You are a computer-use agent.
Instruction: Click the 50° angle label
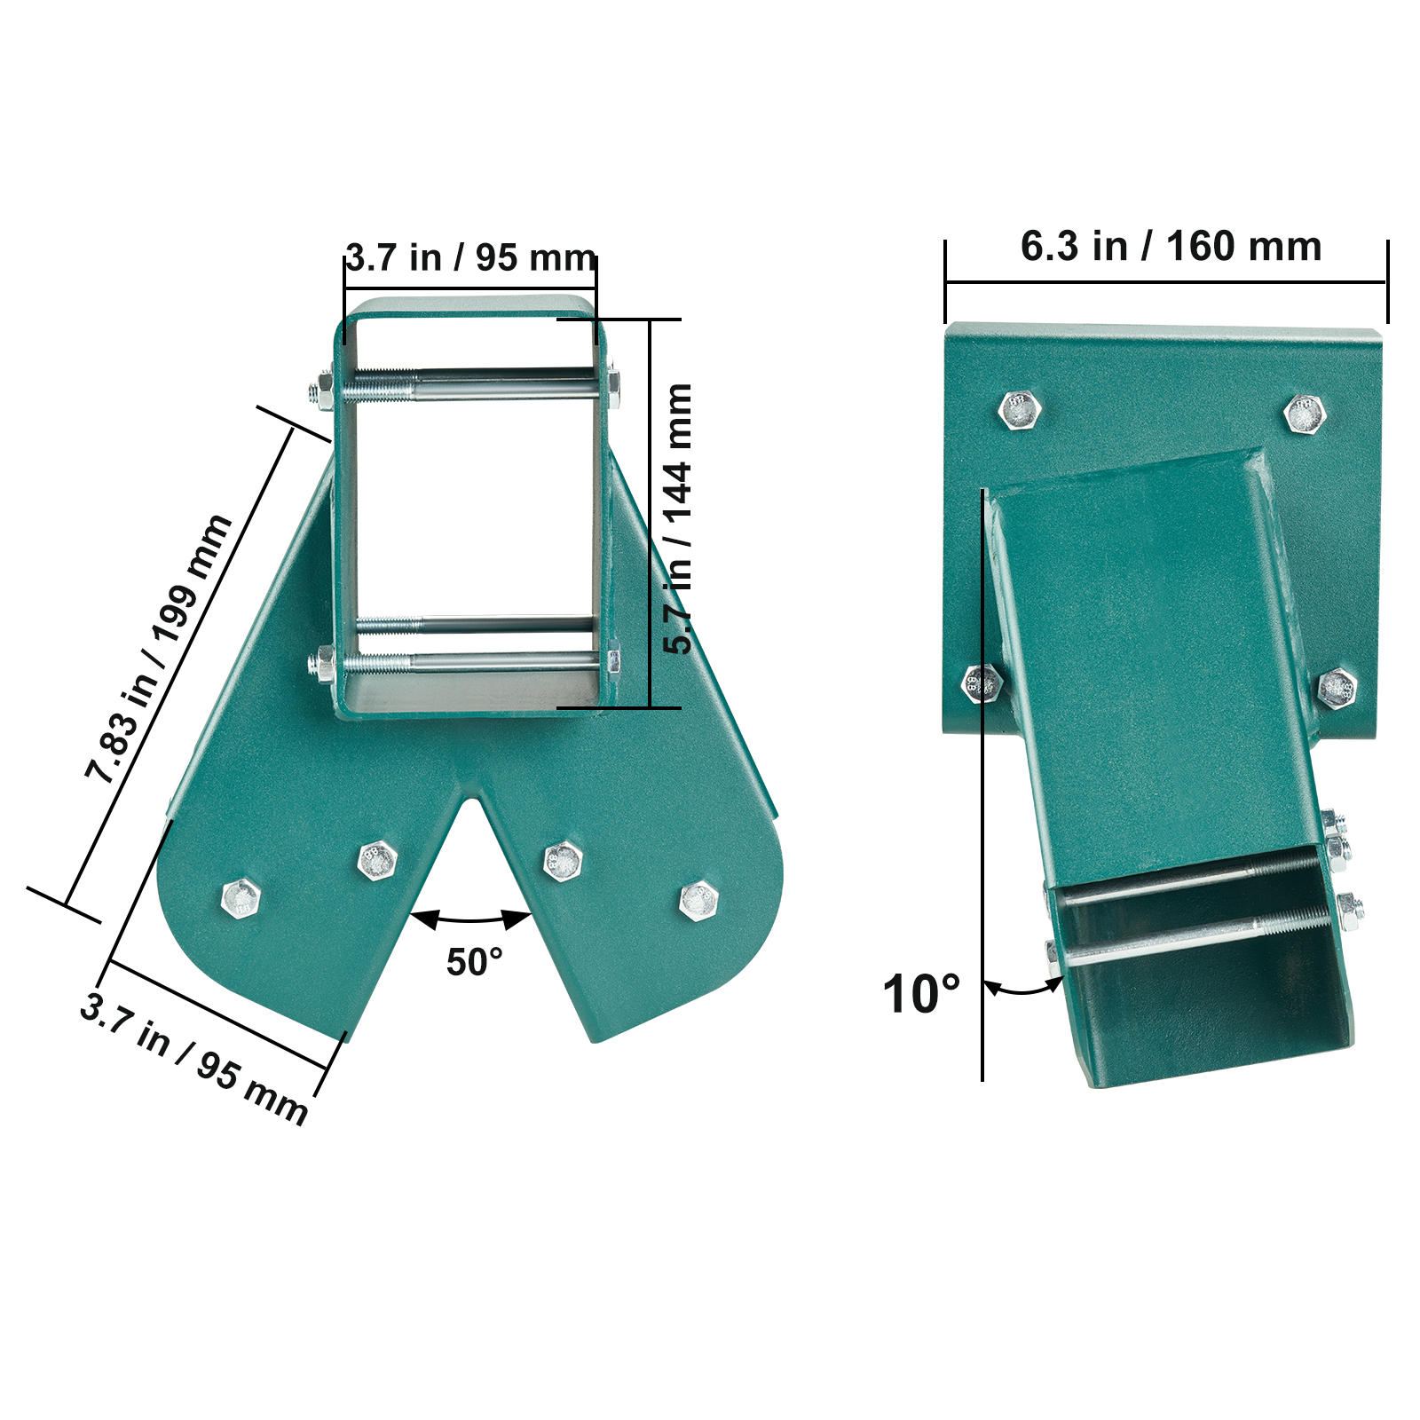(x=474, y=962)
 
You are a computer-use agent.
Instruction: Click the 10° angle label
(x=920, y=993)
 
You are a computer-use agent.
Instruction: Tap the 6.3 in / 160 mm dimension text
(x=1171, y=247)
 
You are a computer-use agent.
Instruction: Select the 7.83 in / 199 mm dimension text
(x=159, y=649)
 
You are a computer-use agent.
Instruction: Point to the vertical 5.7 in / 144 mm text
(x=678, y=519)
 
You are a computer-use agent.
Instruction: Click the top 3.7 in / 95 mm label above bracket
(x=470, y=258)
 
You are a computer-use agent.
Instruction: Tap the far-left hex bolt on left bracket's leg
(x=241, y=899)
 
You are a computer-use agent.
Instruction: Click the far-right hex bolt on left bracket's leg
(x=698, y=900)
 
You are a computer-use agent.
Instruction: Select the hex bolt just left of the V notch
(x=377, y=859)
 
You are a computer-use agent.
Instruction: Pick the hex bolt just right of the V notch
(x=563, y=859)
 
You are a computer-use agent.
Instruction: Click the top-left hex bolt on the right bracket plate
(x=1019, y=410)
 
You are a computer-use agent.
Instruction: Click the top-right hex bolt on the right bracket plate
(x=1304, y=414)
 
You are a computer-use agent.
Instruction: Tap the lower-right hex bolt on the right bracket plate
(x=1337, y=688)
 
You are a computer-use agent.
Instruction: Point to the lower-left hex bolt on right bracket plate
(x=982, y=683)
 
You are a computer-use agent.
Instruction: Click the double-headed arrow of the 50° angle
(x=471, y=920)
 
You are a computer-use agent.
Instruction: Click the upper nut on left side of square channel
(x=323, y=391)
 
